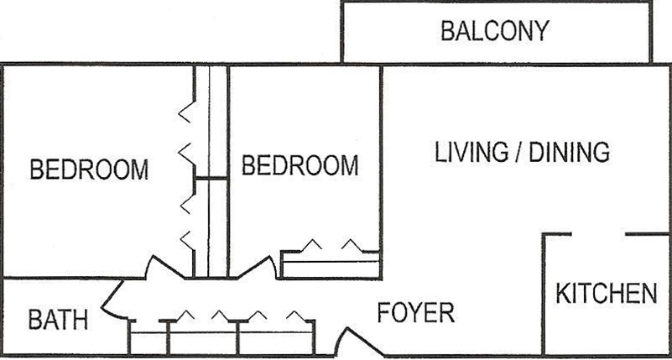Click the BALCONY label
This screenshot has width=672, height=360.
pos(495,31)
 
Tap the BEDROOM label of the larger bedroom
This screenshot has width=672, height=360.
pos(89,170)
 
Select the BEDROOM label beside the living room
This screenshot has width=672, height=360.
pos(300,165)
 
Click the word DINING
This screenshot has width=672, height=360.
pos(570,152)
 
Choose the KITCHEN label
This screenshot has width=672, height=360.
pos(607,294)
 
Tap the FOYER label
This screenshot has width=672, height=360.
pos(416,312)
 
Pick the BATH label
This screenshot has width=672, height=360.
pos(58,320)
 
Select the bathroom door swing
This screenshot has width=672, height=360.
pos(112,300)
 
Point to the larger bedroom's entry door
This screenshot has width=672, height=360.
pos(166,266)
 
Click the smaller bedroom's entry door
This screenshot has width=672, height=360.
pos(255,266)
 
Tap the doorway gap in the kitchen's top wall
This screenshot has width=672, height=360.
pos(598,234)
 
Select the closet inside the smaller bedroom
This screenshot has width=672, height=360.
pos(330,264)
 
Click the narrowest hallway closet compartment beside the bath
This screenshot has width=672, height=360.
pos(148,337)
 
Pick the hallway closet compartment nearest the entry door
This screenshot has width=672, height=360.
pos(276,337)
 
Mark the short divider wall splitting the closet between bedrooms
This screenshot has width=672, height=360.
pos(211,178)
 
